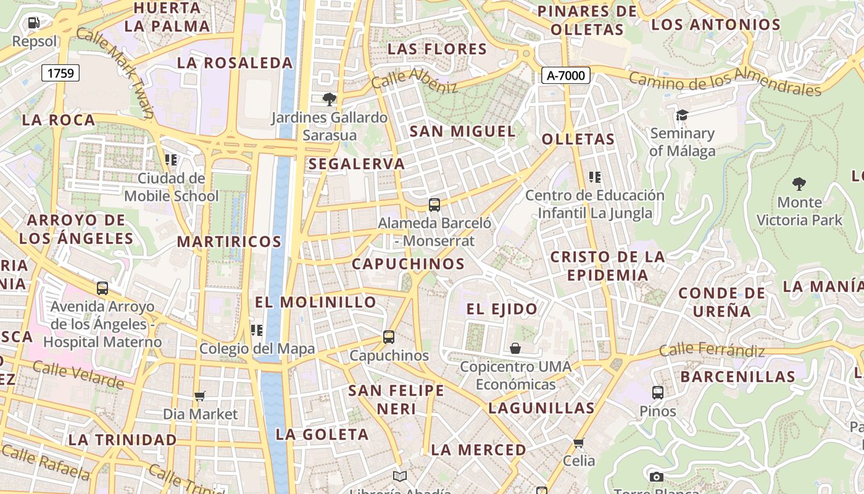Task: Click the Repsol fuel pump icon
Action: click(x=34, y=23)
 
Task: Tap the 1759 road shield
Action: click(x=60, y=73)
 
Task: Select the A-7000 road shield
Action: click(x=566, y=75)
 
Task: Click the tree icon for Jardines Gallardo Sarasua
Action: click(x=330, y=99)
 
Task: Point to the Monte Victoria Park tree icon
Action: click(x=799, y=183)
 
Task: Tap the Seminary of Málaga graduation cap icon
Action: click(x=682, y=115)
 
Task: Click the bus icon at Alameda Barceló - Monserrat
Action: click(x=434, y=204)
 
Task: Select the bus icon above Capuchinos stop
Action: click(x=388, y=337)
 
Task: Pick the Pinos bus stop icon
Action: click(x=658, y=392)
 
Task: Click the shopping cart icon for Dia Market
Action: click(x=199, y=396)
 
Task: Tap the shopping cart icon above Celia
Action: click(x=578, y=443)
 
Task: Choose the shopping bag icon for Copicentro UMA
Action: click(x=515, y=349)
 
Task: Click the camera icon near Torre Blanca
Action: click(x=657, y=477)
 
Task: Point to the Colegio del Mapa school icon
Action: click(x=256, y=330)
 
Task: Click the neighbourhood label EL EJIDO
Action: click(x=501, y=309)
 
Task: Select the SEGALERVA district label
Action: click(x=357, y=164)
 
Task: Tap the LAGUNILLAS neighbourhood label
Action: click(x=541, y=408)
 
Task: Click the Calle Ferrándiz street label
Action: click(x=712, y=351)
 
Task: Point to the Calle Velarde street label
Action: click(x=78, y=375)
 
